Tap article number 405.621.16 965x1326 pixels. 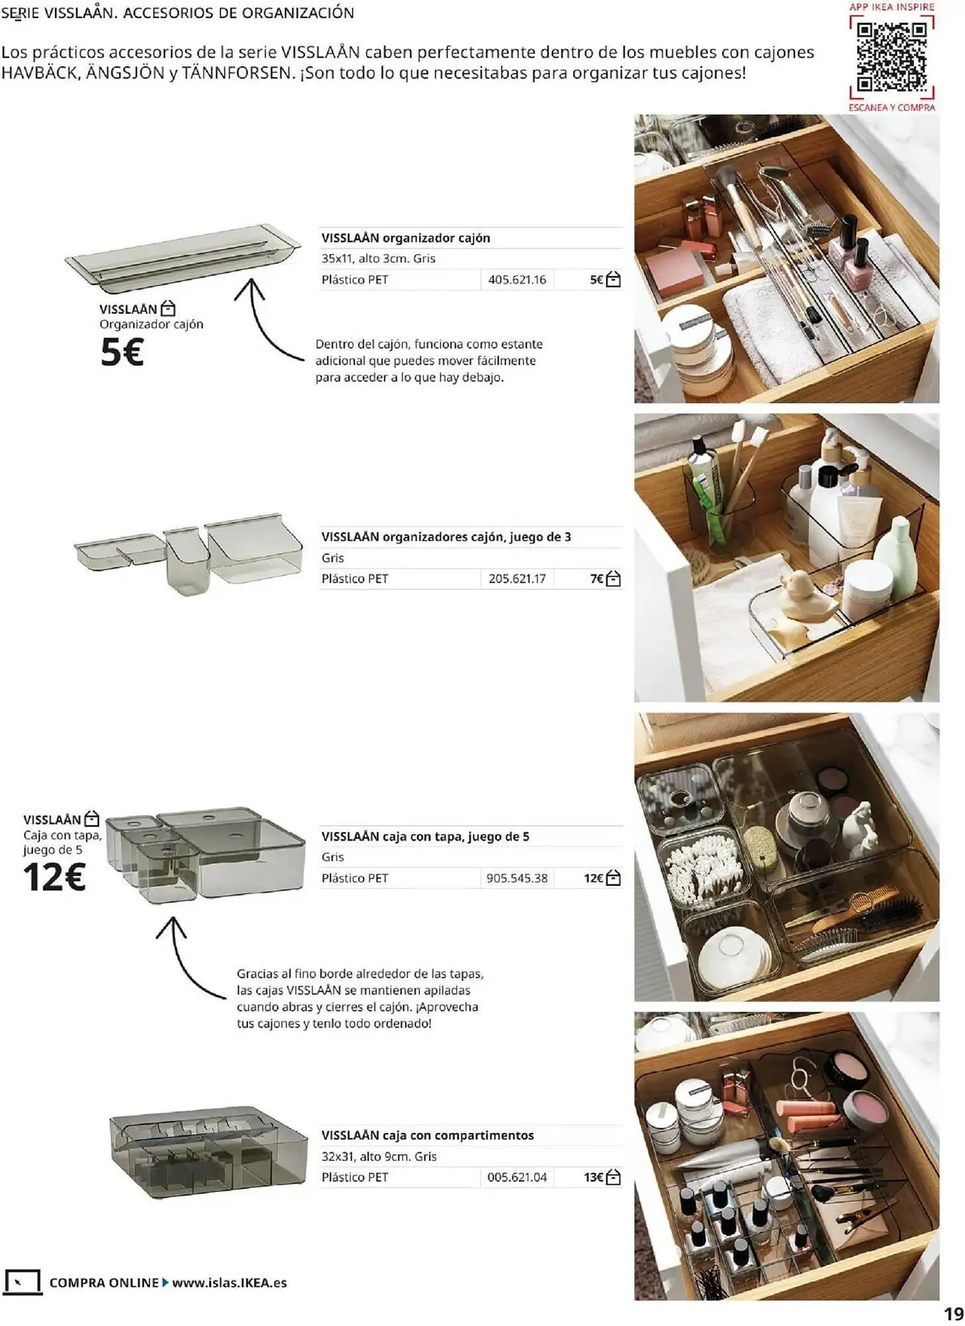(517, 280)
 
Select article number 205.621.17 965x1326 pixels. (517, 579)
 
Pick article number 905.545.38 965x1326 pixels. (517, 878)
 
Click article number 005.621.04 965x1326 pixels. (517, 1177)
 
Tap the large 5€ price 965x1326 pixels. (122, 352)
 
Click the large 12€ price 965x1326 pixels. (54, 877)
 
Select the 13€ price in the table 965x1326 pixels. (593, 1177)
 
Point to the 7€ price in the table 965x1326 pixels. (596, 579)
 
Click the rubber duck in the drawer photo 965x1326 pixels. (803, 597)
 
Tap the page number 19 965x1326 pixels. (953, 1313)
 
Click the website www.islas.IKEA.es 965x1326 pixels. (229, 1282)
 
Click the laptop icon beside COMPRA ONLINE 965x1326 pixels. (22, 1282)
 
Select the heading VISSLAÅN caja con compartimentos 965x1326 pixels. (427, 1135)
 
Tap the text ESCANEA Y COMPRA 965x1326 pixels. (891, 107)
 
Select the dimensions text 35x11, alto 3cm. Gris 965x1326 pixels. (378, 259)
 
